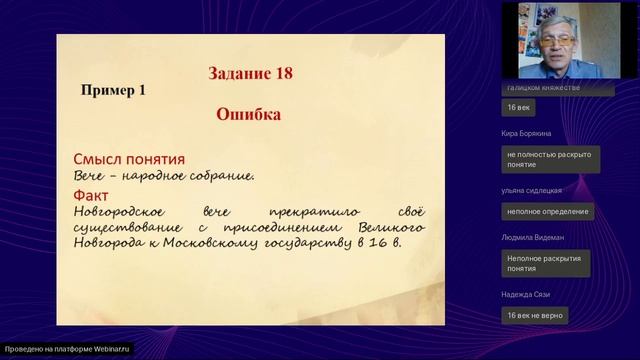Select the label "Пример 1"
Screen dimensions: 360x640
coord(113,89)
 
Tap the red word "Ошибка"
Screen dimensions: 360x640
coord(248,114)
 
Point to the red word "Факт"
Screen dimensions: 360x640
coord(91,195)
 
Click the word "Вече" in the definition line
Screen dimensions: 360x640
coord(91,176)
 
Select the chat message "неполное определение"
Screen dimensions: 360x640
coord(547,211)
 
